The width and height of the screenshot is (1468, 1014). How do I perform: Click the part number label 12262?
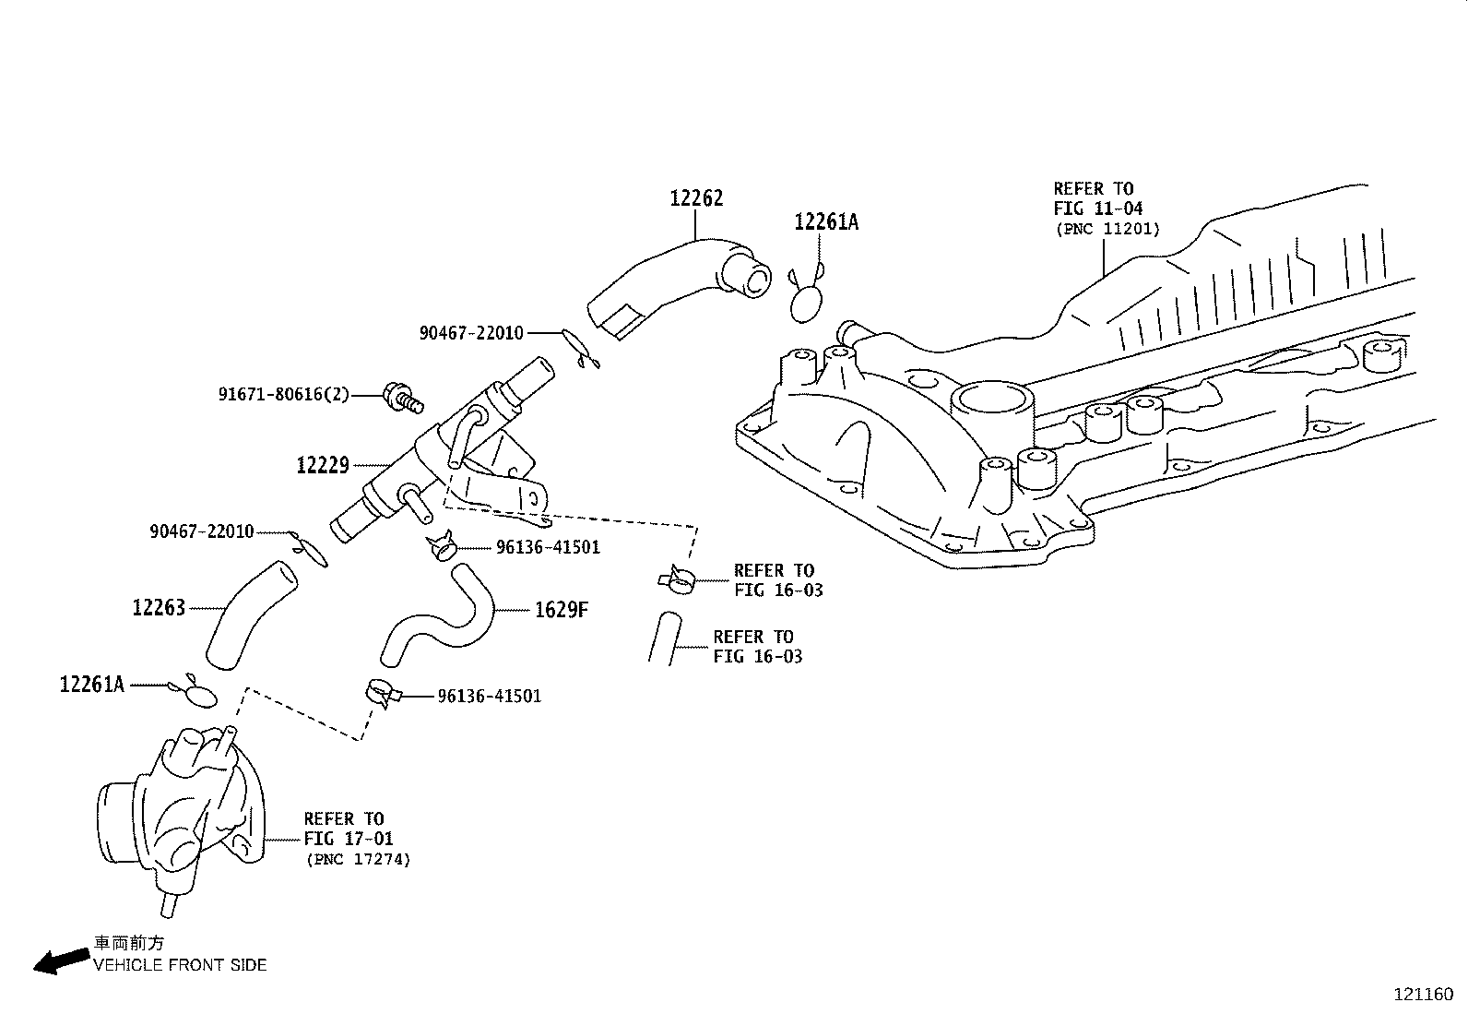[696, 198]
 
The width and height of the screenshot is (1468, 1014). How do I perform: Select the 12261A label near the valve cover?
[826, 222]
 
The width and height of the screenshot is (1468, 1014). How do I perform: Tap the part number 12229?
[323, 465]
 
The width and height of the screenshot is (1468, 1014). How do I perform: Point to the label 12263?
[159, 608]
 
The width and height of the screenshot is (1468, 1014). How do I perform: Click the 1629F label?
[561, 609]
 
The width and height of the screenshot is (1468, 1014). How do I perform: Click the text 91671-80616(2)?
[284, 394]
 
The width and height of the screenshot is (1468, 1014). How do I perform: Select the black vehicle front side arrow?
[56, 960]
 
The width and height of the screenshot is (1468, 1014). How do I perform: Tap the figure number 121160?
[1423, 995]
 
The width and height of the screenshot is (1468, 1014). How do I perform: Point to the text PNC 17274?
[358, 859]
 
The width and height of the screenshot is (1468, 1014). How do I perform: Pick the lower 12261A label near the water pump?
[91, 685]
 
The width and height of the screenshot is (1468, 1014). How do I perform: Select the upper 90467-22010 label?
[471, 333]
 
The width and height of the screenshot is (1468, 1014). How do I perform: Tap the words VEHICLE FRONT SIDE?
[179, 965]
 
